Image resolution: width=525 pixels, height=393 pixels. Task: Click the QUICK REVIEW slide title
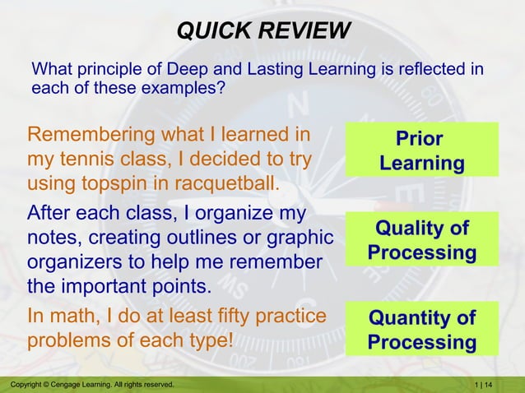[263, 32]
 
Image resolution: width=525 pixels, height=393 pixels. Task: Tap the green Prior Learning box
[421, 150]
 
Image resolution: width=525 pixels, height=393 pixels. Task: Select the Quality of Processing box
[421, 239]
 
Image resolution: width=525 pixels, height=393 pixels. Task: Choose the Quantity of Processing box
[421, 329]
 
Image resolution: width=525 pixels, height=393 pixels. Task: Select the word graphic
[300, 238]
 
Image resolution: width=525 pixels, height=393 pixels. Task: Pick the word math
[73, 316]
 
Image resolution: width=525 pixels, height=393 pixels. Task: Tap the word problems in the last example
[70, 340]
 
